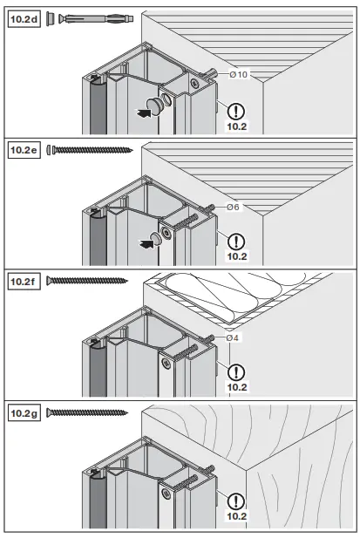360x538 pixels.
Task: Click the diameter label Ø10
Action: point(239,75)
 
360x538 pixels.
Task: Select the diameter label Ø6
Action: point(233,208)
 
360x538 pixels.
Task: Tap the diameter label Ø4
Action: point(233,337)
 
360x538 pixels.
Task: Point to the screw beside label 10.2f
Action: point(87,281)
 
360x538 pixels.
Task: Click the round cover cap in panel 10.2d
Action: point(157,106)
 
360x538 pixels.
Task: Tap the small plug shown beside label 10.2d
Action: point(51,17)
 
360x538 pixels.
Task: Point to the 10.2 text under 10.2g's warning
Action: point(236,517)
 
